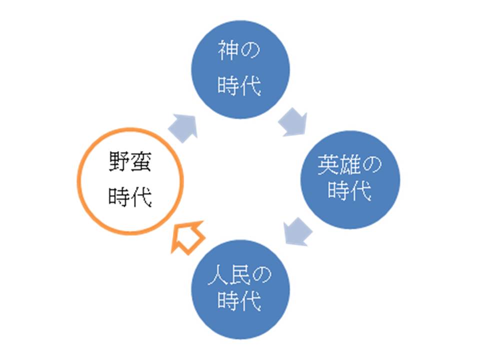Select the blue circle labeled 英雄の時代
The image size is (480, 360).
point(349,179)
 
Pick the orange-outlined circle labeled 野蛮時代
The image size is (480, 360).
point(130,181)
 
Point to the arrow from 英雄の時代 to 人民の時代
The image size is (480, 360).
point(297,231)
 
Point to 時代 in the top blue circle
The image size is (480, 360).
point(239,86)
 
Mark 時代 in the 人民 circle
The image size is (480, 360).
point(239,301)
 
